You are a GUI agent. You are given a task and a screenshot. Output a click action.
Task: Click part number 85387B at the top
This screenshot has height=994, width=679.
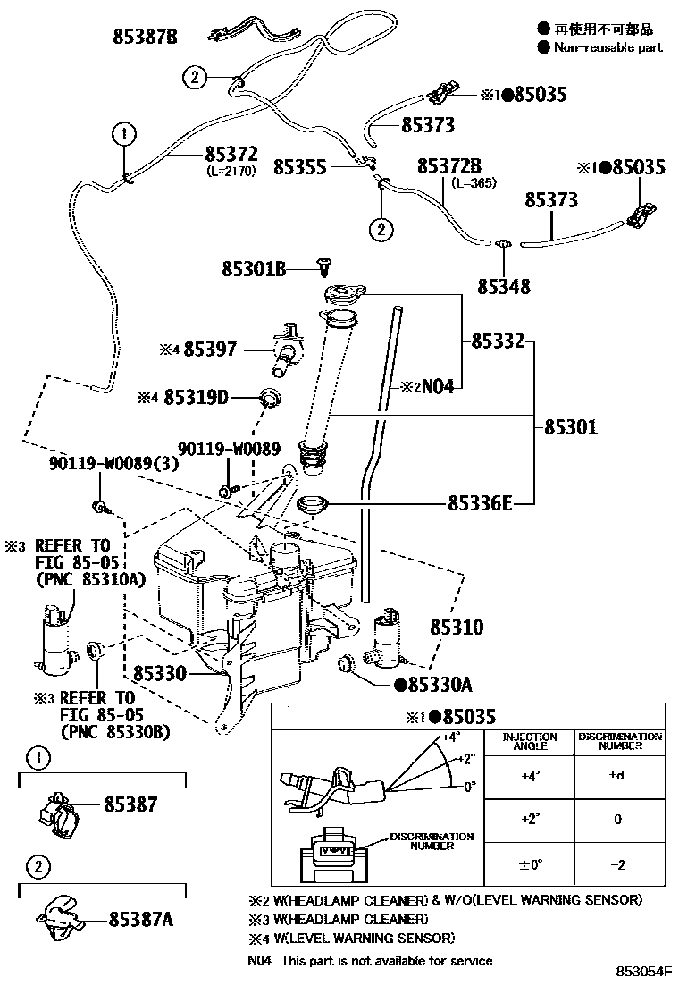(146, 37)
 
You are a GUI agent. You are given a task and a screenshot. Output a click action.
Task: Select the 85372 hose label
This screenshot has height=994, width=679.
(231, 154)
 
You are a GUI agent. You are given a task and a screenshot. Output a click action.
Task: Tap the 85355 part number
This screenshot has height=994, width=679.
(300, 166)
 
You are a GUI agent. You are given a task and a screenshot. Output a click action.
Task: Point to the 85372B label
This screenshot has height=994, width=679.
(449, 166)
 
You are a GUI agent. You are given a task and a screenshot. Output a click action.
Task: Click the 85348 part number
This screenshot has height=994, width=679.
(503, 287)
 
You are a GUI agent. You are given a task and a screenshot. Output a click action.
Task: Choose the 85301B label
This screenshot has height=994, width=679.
(255, 267)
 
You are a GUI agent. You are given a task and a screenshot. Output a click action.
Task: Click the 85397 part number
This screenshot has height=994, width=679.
(211, 350)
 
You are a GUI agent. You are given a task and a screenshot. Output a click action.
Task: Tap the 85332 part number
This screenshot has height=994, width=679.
(496, 341)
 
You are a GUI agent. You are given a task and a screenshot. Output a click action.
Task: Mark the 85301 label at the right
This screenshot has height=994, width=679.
(571, 427)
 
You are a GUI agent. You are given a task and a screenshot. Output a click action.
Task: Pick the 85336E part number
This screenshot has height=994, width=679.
(480, 505)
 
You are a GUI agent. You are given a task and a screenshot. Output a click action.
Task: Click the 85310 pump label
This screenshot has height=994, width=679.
(457, 628)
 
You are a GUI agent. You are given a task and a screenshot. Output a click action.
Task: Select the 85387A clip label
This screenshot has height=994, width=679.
(140, 918)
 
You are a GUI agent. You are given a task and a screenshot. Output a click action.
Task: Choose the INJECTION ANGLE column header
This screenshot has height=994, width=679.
(530, 742)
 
